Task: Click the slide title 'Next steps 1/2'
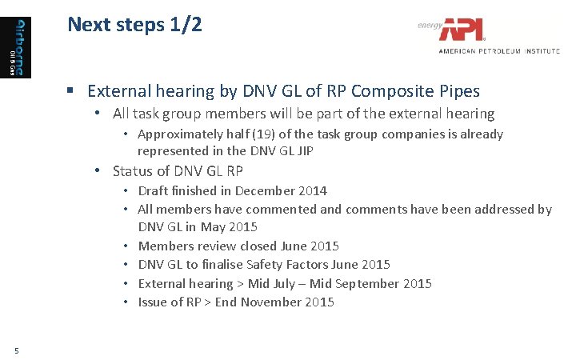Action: click(134, 25)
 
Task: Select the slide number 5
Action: click(16, 348)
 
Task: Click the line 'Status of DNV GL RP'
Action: click(178, 171)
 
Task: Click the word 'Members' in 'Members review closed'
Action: click(166, 246)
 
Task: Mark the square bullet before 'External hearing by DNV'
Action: click(72, 92)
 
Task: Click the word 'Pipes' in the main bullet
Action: click(458, 91)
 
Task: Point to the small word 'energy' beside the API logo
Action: click(429, 26)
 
